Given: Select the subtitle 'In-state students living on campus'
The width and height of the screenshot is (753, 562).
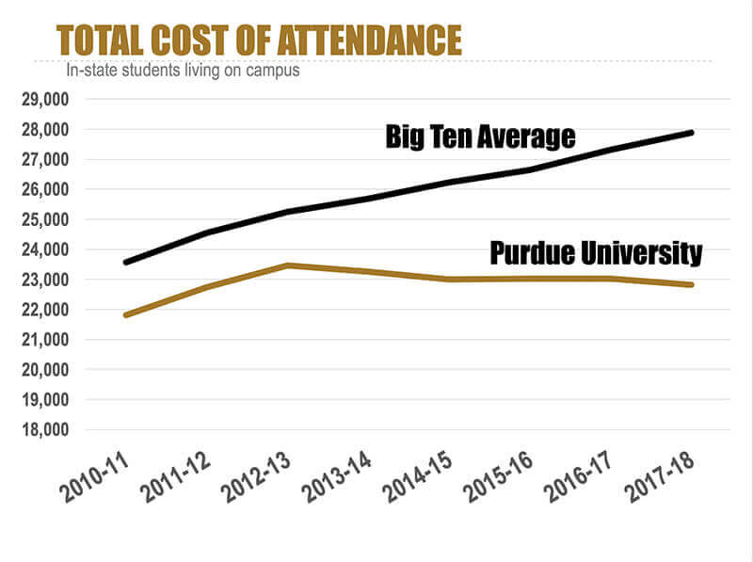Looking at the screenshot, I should [182, 71].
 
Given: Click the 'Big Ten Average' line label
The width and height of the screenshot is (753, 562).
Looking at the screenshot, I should [480, 137].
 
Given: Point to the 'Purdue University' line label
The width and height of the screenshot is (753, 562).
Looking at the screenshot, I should [596, 253].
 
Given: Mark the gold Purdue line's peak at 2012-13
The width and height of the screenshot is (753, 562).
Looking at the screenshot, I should [289, 265].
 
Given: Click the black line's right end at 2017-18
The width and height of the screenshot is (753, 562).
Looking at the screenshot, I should [692, 133].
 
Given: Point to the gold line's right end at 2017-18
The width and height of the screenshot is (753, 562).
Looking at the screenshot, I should [692, 284].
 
